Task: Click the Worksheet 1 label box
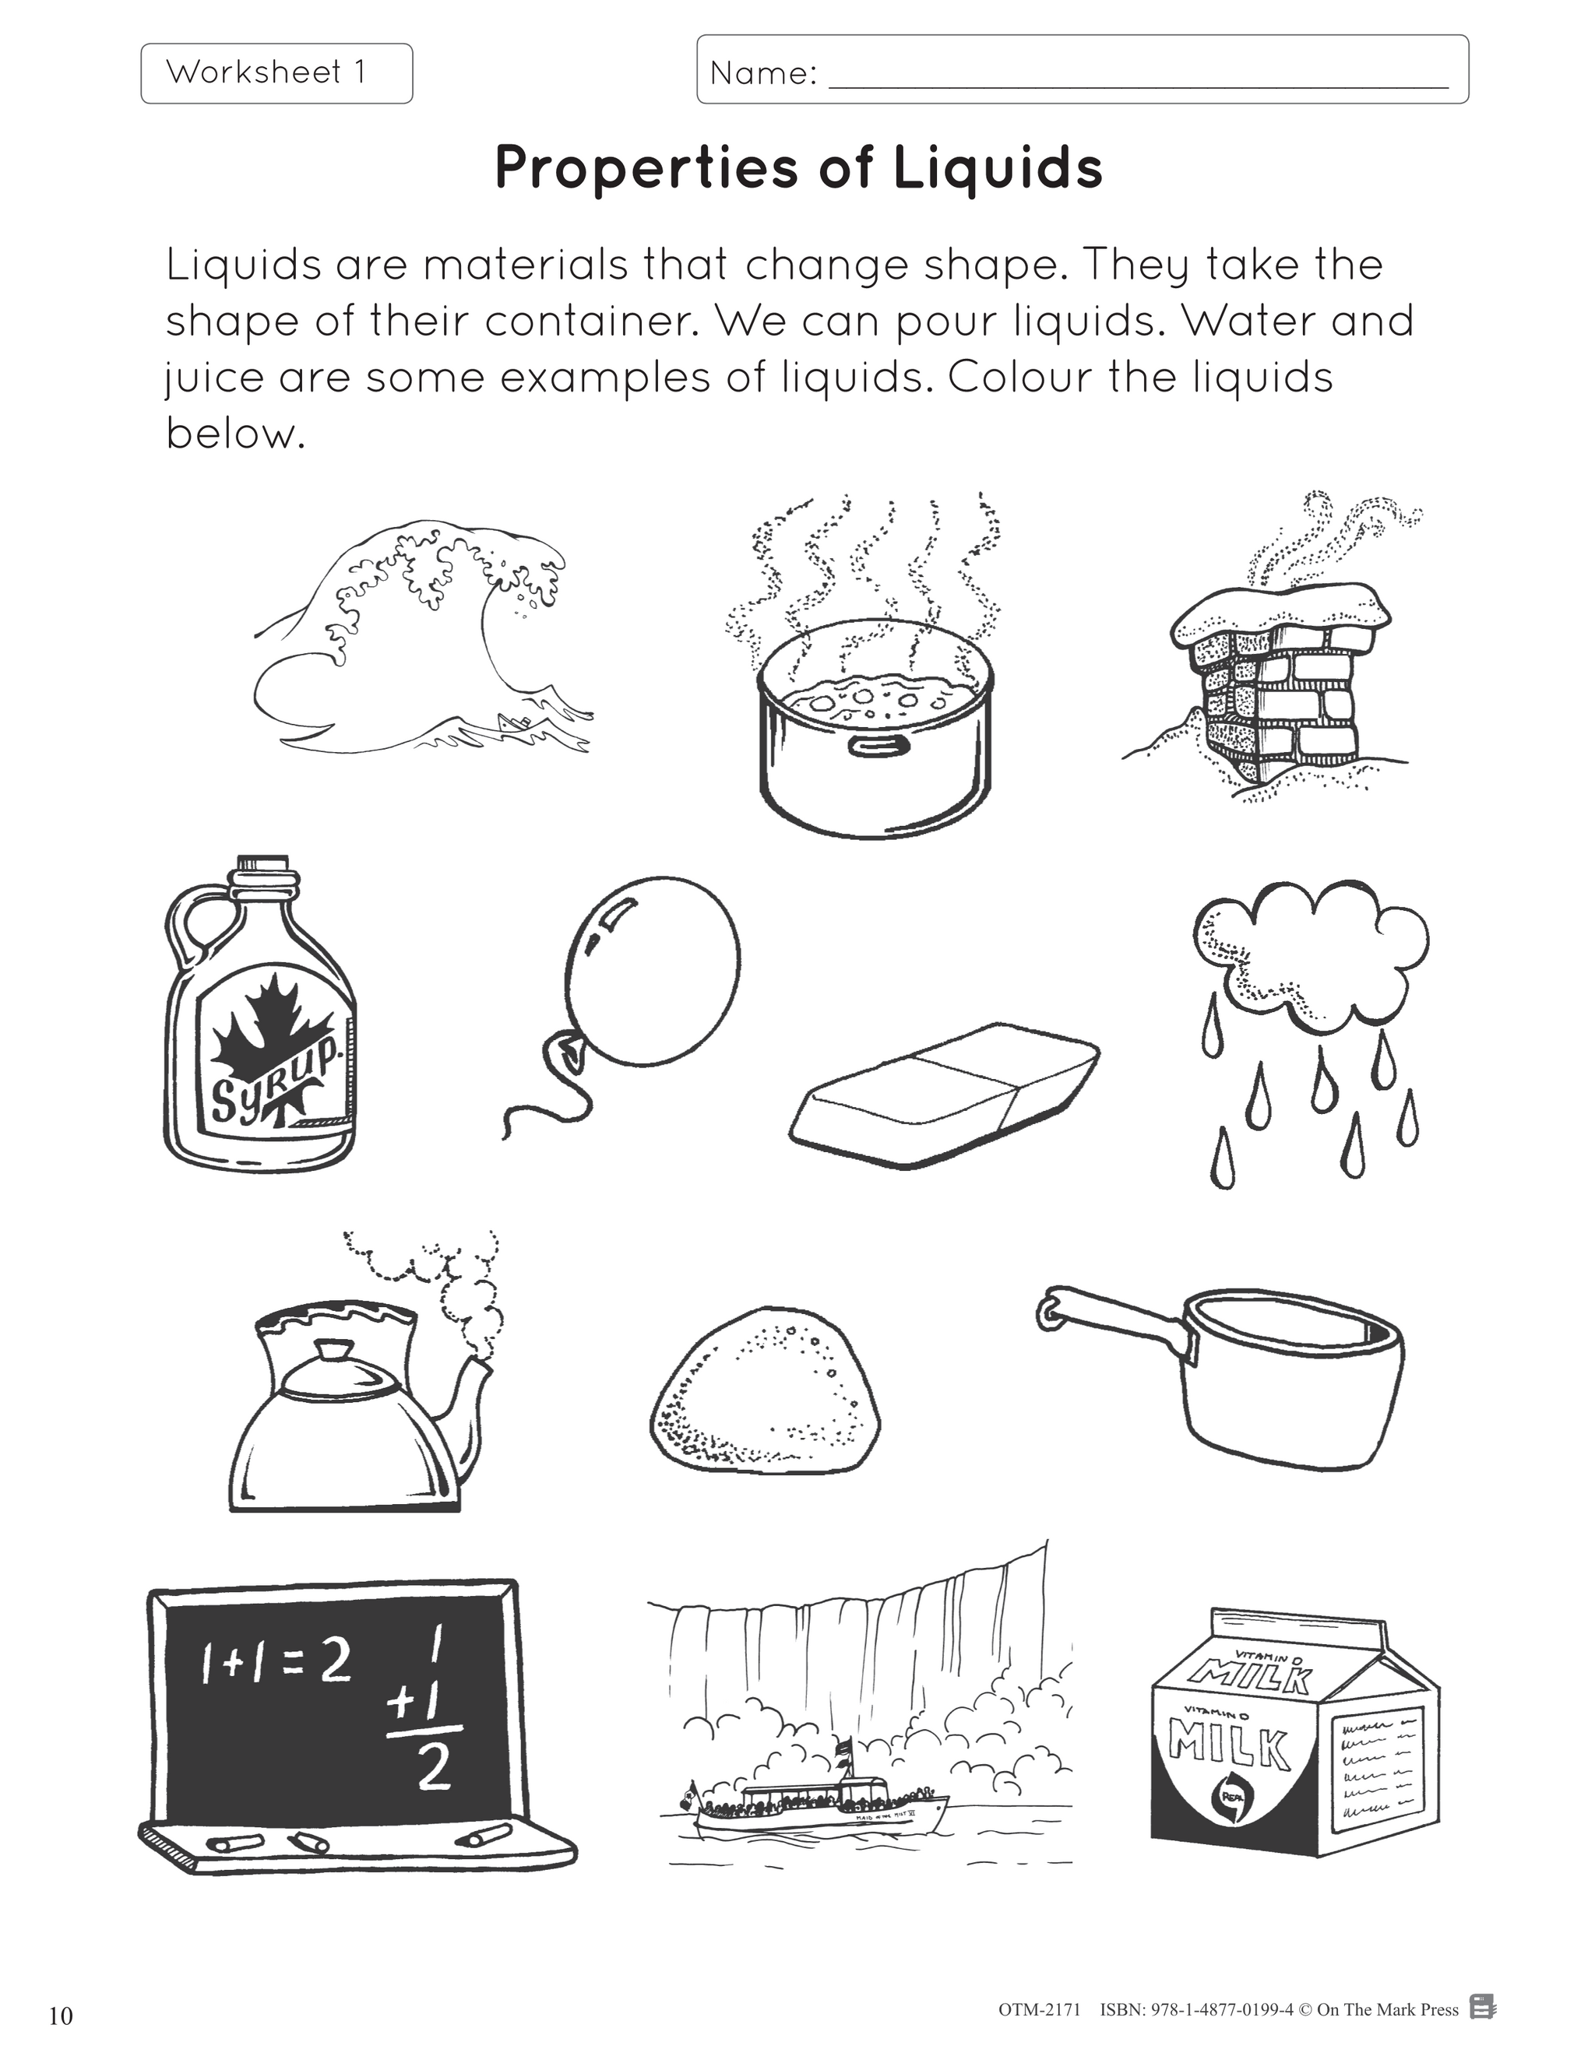pyautogui.click(x=276, y=72)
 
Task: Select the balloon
pyautogui.click(x=652, y=973)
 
